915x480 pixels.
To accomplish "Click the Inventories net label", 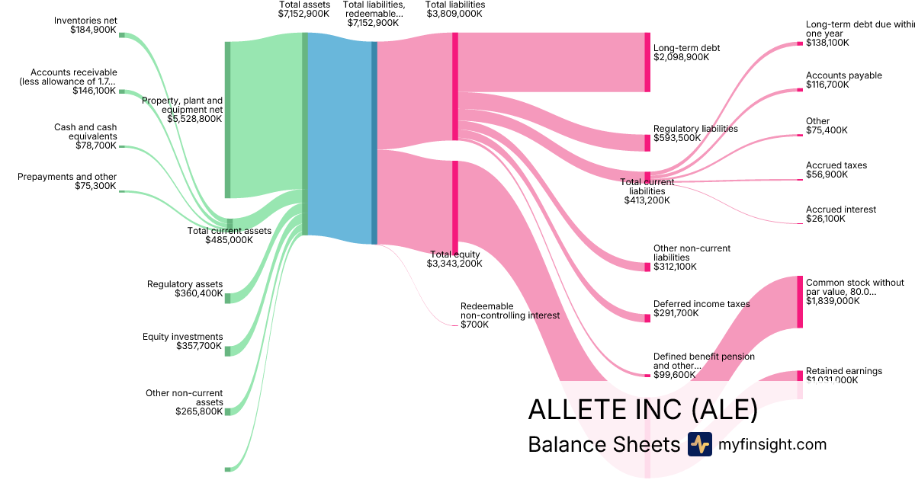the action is click(85, 20).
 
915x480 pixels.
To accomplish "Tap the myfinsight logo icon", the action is click(699, 444).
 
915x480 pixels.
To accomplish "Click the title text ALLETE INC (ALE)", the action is click(643, 410).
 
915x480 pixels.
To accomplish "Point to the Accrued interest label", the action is click(841, 210).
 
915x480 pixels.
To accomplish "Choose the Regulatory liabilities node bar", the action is click(647, 142).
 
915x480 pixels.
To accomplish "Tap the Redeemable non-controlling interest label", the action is click(509, 310).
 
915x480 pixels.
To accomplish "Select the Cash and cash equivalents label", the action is click(85, 132).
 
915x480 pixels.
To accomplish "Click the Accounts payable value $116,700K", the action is click(827, 85).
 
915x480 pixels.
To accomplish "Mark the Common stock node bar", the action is click(800, 302).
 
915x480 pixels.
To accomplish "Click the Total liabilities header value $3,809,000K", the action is click(454, 14).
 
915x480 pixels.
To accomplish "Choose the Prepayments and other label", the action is click(67, 177).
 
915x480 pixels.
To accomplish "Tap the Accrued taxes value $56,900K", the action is click(827, 174).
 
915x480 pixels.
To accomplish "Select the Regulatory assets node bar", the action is click(227, 298).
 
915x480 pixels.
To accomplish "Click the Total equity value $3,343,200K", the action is click(454, 264).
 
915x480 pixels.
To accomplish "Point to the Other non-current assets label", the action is click(185, 398).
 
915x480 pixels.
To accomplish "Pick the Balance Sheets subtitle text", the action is click(603, 445).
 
